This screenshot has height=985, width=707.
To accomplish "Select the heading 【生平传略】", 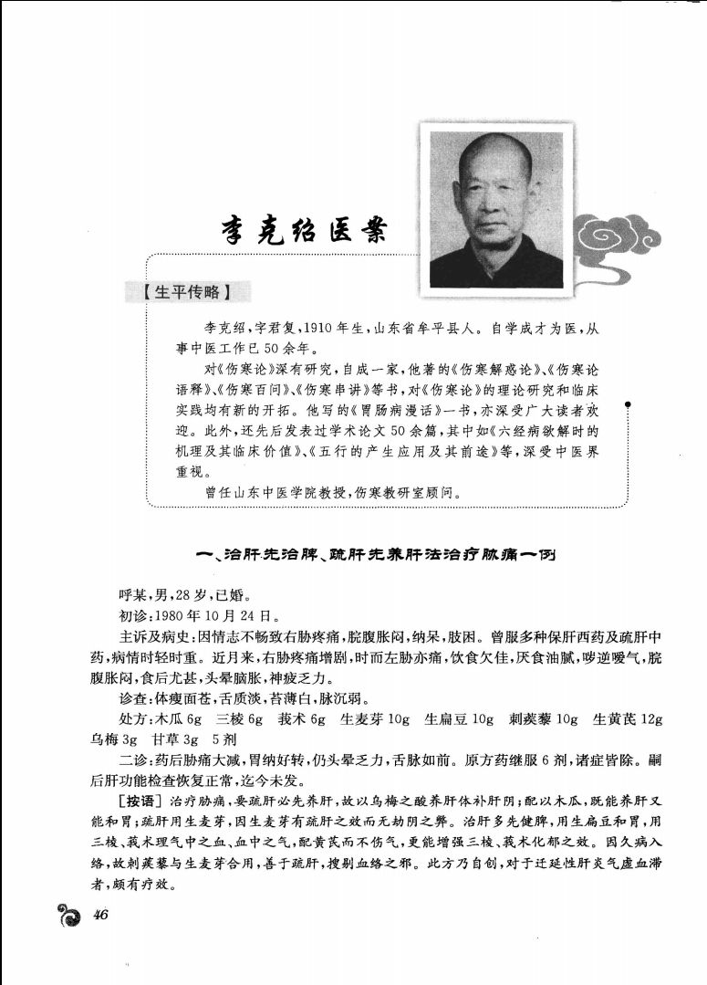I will [x=191, y=293].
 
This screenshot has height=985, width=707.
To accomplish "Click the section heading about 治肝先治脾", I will [x=379, y=554].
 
